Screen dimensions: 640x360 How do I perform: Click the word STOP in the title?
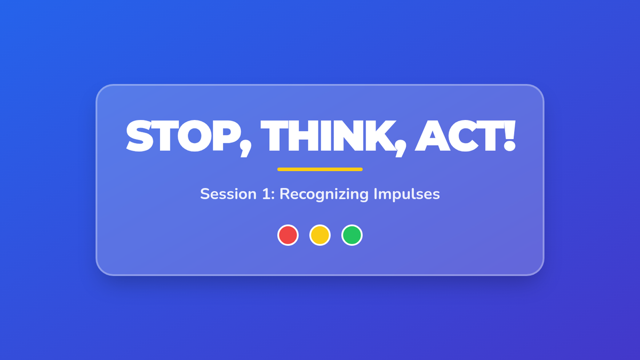pos(183,135)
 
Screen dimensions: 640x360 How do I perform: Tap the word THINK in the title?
pos(326,135)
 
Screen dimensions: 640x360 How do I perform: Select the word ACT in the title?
pos(458,135)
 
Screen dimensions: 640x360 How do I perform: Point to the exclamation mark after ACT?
pos(509,135)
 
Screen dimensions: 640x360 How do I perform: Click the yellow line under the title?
pos(320,170)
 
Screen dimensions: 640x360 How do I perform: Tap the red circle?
pos(288,235)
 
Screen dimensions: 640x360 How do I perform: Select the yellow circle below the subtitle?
pos(320,235)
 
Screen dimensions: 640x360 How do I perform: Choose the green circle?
pos(352,235)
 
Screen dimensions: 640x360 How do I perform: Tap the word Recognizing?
pos(324,195)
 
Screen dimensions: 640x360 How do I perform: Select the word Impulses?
pos(407,195)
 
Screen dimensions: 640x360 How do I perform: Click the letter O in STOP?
pos(195,135)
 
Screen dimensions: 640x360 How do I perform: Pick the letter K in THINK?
pos(378,135)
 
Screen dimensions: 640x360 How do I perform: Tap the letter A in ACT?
pos(431,135)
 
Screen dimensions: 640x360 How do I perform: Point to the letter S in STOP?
pos(139,135)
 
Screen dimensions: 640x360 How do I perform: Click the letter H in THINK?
pos(303,135)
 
